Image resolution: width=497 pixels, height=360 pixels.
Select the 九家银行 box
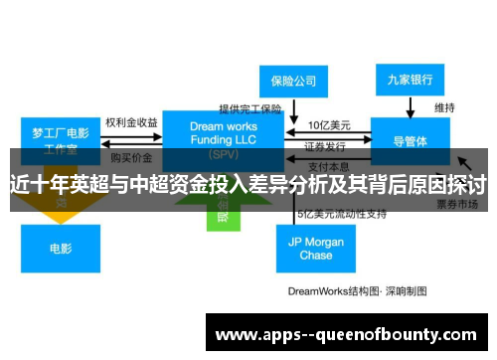pos(411,78)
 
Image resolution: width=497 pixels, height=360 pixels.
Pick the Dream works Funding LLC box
pos(223,136)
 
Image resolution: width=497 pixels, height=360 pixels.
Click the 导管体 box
pos(411,140)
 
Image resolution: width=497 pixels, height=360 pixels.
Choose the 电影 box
pos(61,247)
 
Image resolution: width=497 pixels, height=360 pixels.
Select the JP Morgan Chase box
pos(316,249)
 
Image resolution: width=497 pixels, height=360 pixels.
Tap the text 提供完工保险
pos(250,107)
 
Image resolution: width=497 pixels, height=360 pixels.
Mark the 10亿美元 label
pos(327,125)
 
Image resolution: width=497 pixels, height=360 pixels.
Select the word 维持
pos(445,106)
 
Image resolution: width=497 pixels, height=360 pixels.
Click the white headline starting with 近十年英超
pos(248,183)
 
